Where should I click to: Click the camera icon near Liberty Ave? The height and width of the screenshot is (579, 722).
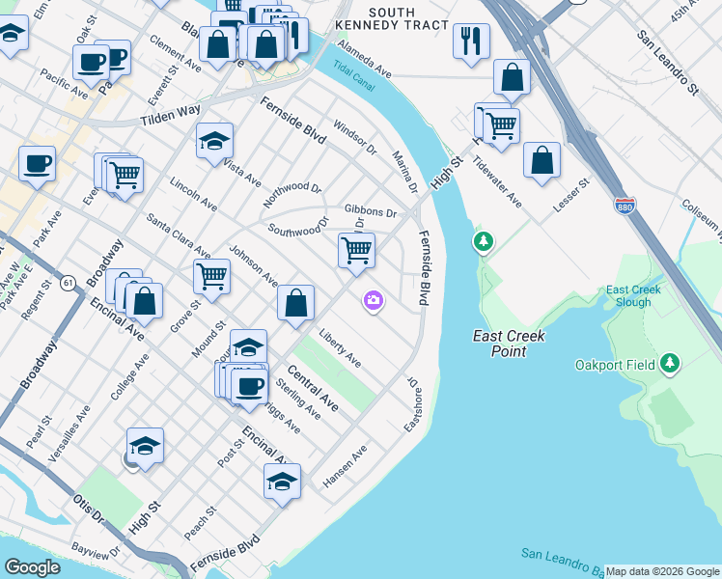[x=373, y=302]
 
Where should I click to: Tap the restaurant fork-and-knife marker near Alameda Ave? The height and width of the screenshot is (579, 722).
[x=471, y=41]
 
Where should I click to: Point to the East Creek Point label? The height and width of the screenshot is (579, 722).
[x=509, y=344]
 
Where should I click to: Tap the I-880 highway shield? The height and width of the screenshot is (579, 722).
[x=625, y=206]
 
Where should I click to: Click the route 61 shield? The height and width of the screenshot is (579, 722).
[x=67, y=282]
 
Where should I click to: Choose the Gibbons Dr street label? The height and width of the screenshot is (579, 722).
[x=371, y=211]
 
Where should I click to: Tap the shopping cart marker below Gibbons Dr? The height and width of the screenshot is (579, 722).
[x=356, y=250]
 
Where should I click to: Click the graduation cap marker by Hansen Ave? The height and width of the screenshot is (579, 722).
[x=282, y=481]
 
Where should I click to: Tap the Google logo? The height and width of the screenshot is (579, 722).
[x=33, y=567]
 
